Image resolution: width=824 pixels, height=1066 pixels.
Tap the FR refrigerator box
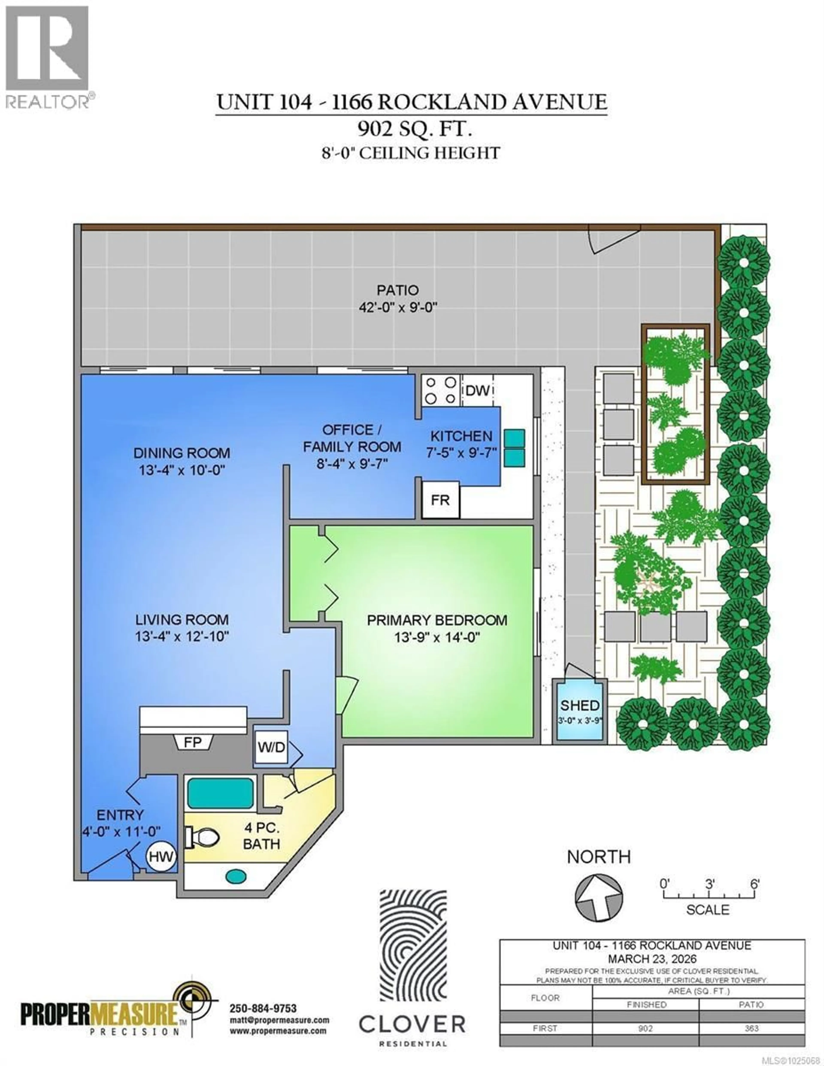[440, 500]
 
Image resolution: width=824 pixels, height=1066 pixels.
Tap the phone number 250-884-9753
[263, 1008]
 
